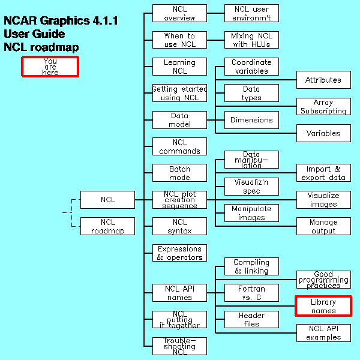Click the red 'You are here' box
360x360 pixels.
50,66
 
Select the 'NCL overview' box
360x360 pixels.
179,13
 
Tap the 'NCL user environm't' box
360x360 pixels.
251,13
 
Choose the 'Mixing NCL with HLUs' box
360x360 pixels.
251,40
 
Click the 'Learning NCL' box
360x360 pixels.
179,66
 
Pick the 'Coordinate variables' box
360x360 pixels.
251,66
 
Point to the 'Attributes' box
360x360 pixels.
323,80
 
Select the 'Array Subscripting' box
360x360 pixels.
323,106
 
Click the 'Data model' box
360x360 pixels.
179,119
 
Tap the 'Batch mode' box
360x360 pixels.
179,173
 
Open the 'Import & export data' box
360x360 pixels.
323,173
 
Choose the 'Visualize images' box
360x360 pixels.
323,200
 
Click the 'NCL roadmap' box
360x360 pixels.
107,226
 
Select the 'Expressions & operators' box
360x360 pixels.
179,253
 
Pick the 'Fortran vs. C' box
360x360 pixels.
251,293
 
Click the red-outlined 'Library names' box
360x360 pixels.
323,306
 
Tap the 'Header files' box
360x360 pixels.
251,319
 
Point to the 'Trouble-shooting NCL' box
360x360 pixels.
179,346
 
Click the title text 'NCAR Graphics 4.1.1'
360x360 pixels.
61,21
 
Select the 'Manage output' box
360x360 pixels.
323,226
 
